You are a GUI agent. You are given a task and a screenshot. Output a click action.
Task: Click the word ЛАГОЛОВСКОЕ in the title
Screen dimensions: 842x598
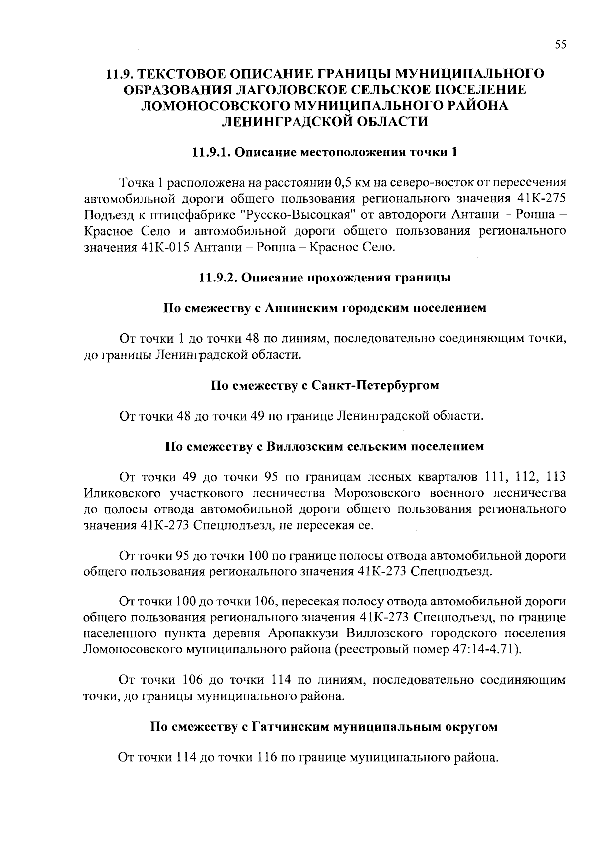[266, 90]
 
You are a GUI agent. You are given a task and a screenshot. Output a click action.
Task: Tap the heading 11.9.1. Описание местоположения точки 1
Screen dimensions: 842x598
[325, 152]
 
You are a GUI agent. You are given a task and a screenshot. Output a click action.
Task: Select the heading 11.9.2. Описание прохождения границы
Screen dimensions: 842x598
[325, 278]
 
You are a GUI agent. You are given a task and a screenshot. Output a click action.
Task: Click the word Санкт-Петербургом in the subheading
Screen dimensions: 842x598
[375, 385]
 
